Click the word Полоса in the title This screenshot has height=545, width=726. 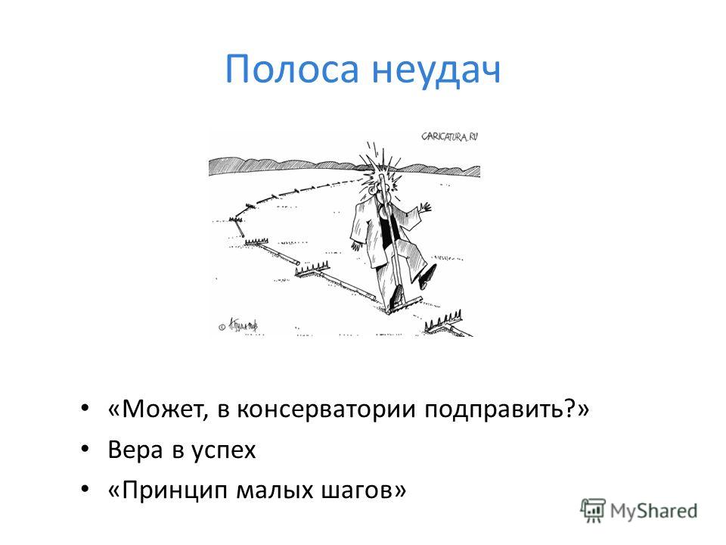[x=292, y=70]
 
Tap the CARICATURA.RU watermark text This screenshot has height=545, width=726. [x=449, y=137]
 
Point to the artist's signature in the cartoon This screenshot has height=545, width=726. [x=240, y=325]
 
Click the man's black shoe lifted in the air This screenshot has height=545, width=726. [x=427, y=276]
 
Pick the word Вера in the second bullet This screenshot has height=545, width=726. [x=135, y=450]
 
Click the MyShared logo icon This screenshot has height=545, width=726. [x=593, y=511]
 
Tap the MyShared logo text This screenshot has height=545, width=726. [x=653, y=512]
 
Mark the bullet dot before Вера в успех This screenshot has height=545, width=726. [x=84, y=449]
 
